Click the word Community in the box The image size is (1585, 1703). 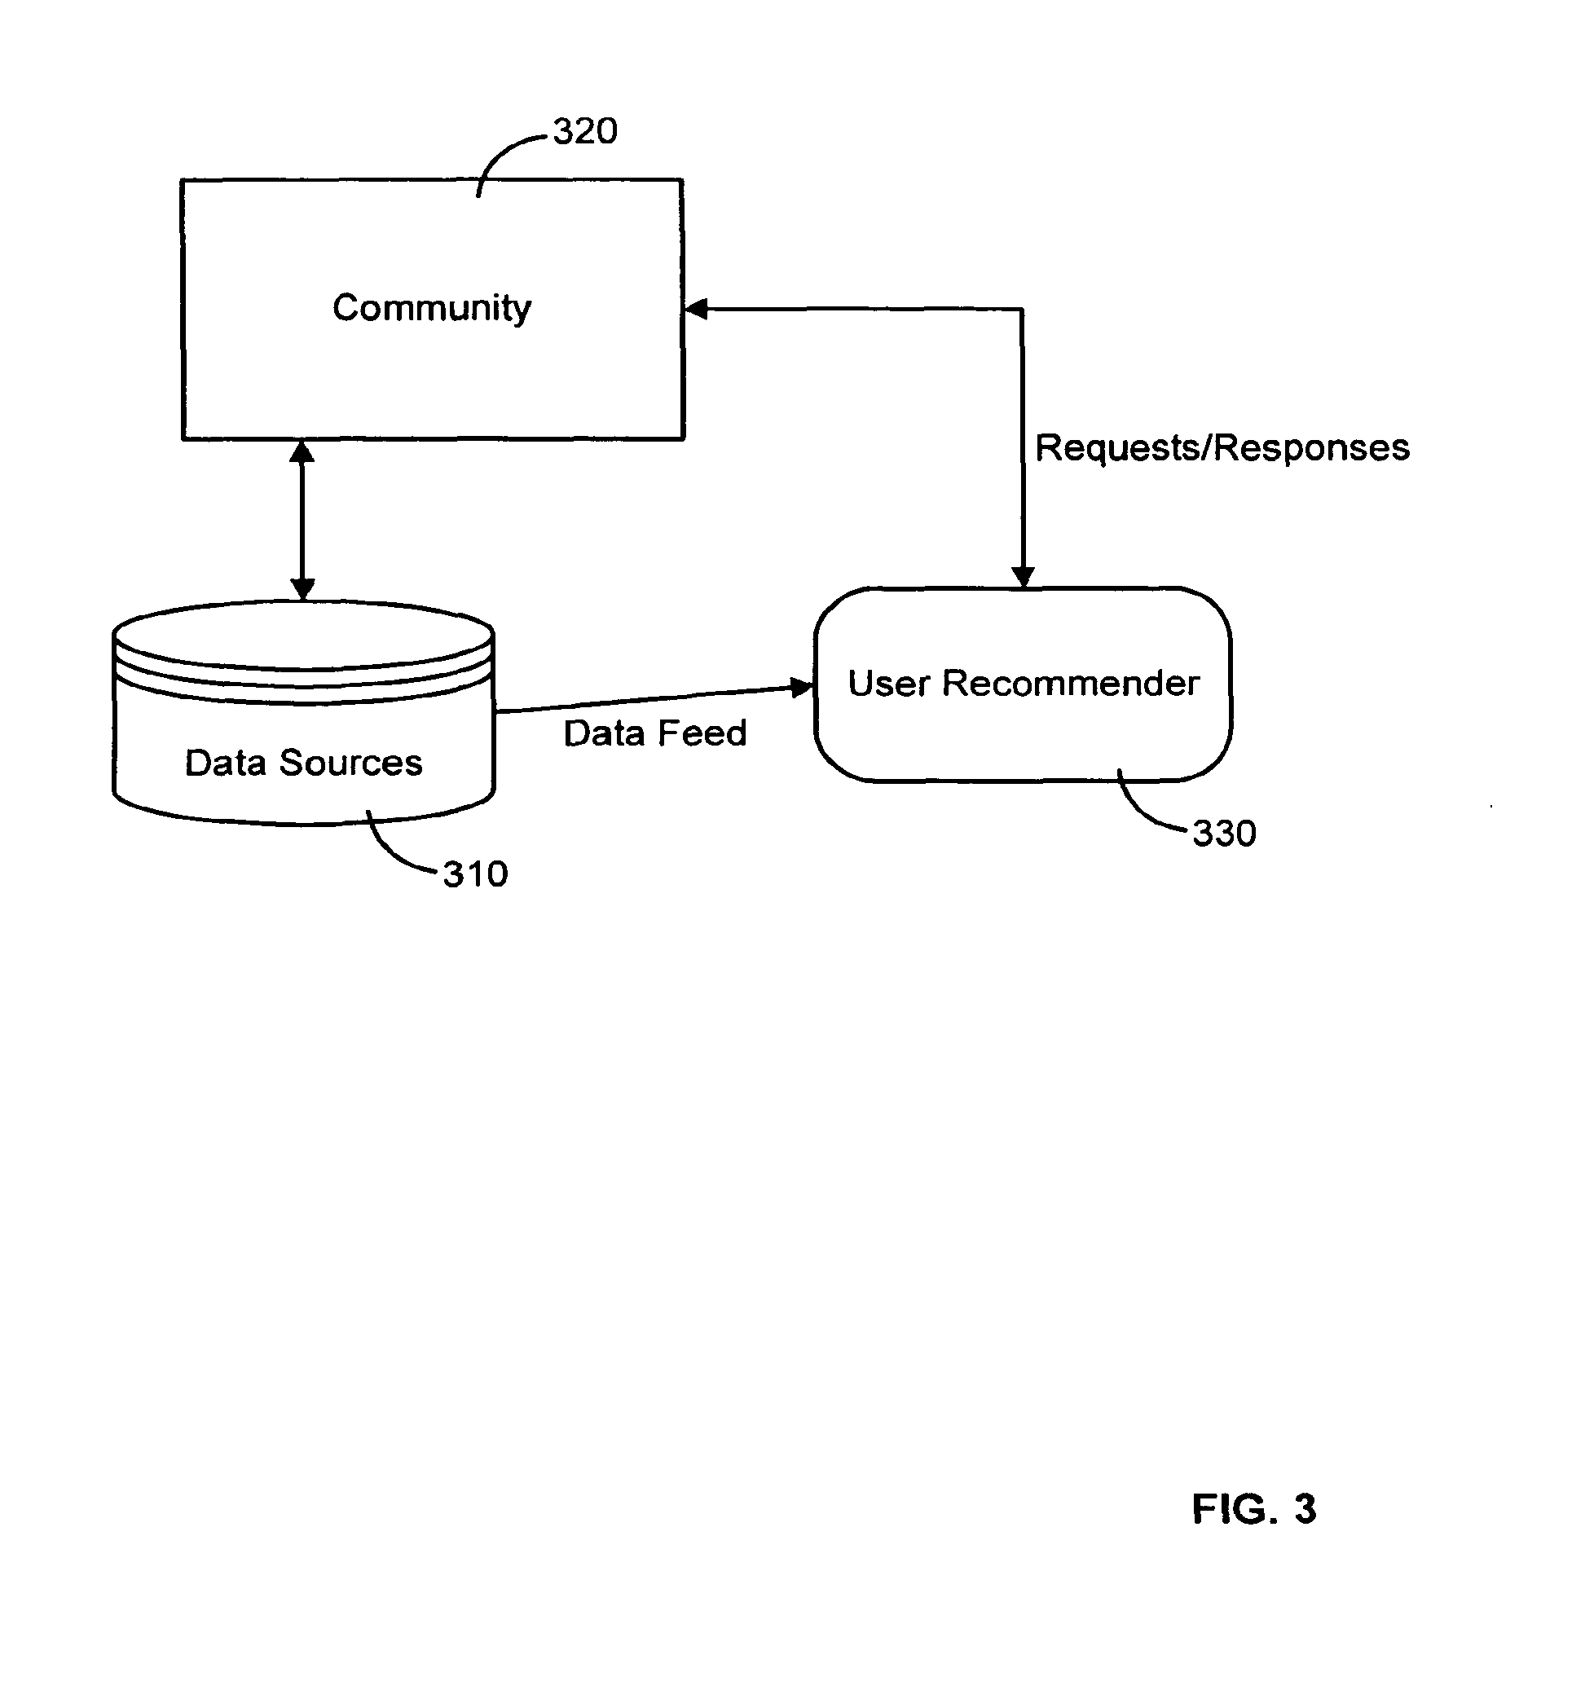432,308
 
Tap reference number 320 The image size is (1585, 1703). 585,131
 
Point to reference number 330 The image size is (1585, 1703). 1224,834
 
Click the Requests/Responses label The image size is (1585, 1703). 1222,448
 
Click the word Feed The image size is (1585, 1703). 702,733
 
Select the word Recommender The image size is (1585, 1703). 1071,684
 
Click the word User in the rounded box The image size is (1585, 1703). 888,684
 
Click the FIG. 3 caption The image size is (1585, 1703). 1253,1509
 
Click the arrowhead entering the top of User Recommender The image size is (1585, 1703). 1023,578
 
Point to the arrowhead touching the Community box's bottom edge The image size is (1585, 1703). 302,451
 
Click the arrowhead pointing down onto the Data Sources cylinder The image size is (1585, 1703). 302,588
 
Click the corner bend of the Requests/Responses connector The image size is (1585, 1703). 1022,310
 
